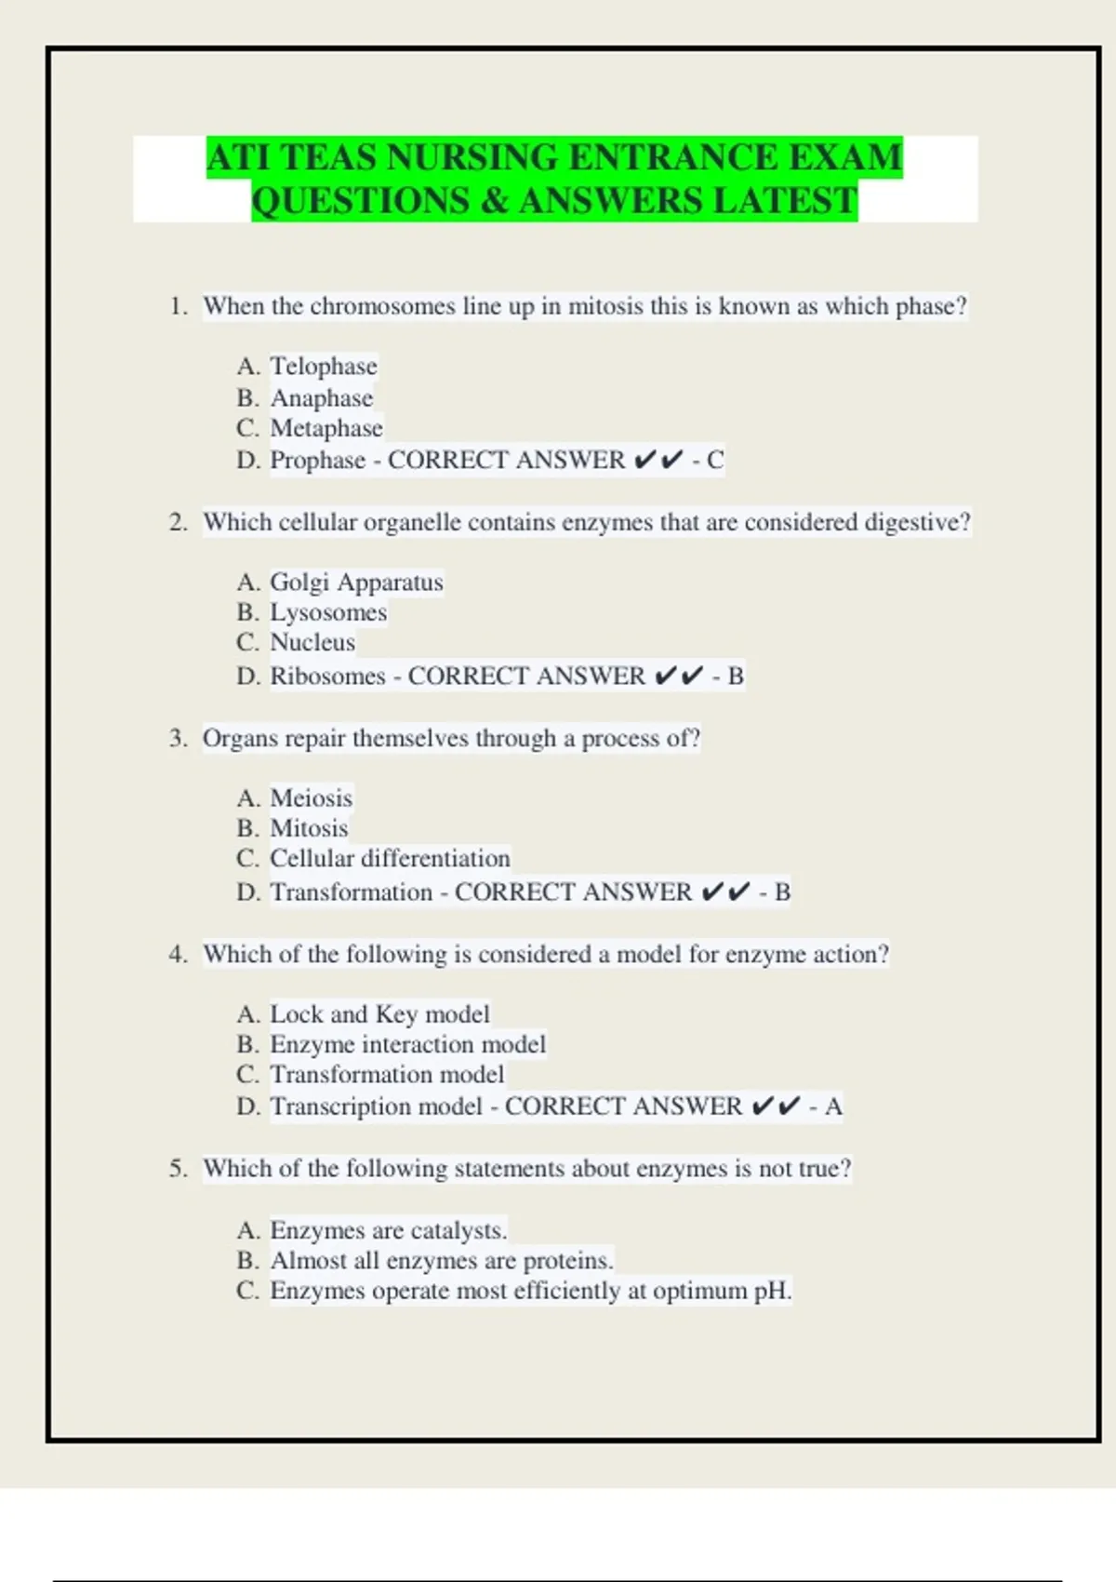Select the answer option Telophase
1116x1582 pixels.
pyautogui.click(x=323, y=366)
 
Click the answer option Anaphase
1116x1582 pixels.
pyautogui.click(x=321, y=398)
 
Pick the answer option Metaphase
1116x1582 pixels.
pyautogui.click(x=325, y=428)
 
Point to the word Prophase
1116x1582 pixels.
pyautogui.click(x=317, y=460)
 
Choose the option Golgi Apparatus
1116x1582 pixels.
pyautogui.click(x=356, y=582)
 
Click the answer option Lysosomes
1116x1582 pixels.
pyautogui.click(x=327, y=612)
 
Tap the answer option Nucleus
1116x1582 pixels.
pyautogui.click(x=312, y=642)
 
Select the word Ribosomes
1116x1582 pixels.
pyautogui.click(x=327, y=676)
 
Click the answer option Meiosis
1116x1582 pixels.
pyautogui.click(x=311, y=798)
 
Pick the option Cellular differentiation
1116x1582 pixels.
pyautogui.click(x=390, y=858)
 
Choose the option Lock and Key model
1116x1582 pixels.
pyautogui.click(x=379, y=1013)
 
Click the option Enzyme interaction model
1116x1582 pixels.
pyautogui.click(x=407, y=1044)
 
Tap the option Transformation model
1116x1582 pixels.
pyautogui.click(x=387, y=1074)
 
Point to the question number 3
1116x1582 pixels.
pyautogui.click(x=177, y=739)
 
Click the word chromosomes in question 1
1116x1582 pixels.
pyautogui.click(x=382, y=306)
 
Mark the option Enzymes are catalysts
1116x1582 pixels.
pyautogui.click(x=388, y=1230)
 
